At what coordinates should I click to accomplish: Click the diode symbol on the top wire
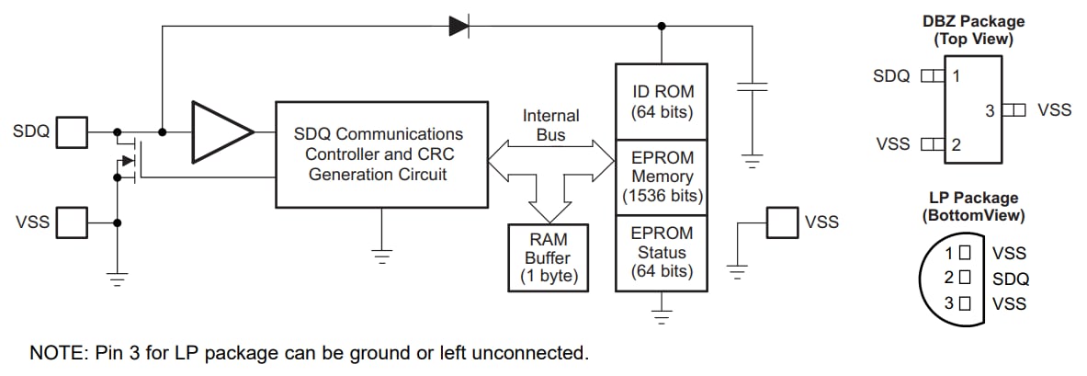point(459,27)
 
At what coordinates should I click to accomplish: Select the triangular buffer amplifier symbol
point(221,132)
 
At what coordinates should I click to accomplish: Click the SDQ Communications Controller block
point(381,154)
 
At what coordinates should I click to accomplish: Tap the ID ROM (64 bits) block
point(662,101)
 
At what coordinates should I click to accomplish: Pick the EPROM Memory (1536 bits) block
point(662,177)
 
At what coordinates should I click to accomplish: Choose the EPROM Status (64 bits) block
point(662,253)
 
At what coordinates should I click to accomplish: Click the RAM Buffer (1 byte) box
point(549,257)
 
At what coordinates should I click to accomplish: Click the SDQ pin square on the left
point(72,132)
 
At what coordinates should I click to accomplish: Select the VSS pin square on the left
point(72,222)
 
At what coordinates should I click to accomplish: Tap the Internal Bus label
point(550,125)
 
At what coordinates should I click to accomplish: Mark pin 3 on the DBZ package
point(1013,110)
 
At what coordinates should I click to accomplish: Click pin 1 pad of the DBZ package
point(933,76)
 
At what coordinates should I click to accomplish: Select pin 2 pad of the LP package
point(964,277)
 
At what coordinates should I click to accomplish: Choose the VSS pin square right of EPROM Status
point(782,222)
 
